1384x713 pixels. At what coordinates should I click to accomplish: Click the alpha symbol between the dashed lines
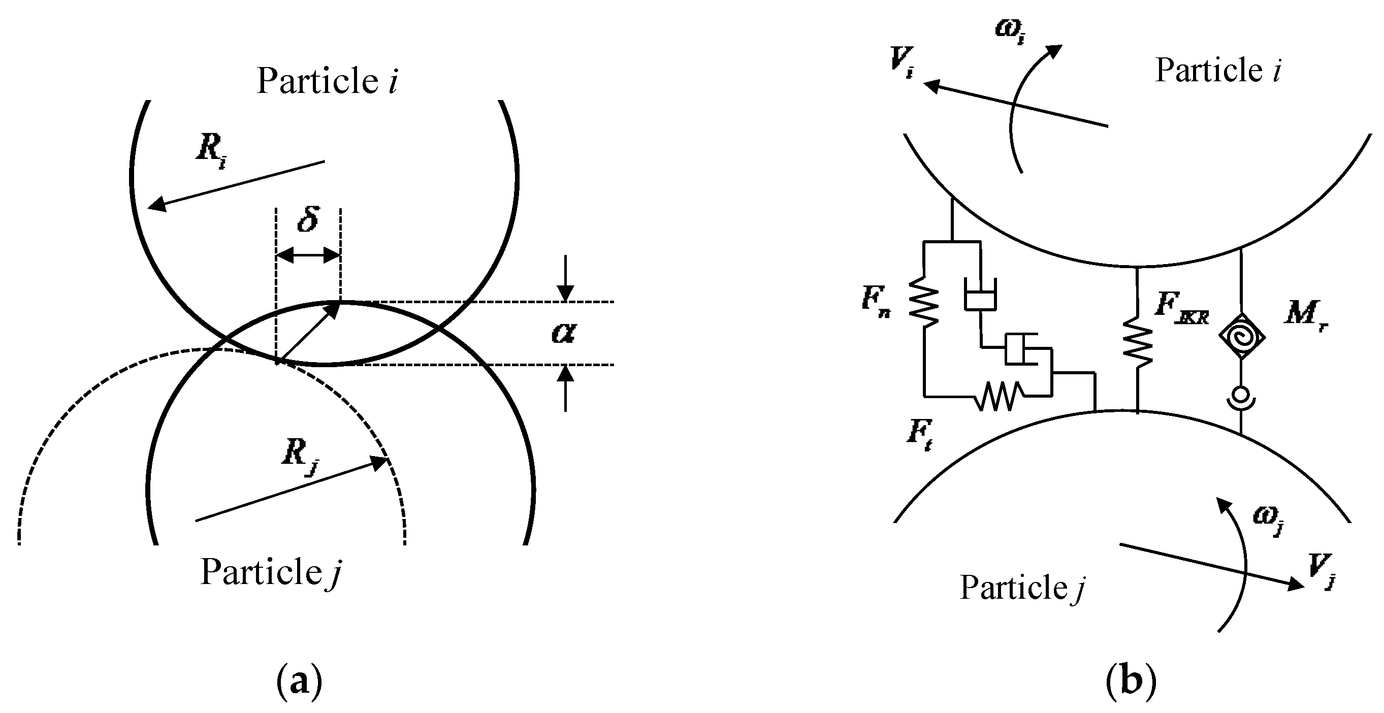(x=564, y=333)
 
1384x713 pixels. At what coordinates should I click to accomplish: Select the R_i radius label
(x=211, y=150)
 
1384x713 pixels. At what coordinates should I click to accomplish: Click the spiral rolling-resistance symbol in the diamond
(x=1241, y=336)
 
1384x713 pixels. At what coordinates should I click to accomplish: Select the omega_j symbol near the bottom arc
(x=1269, y=519)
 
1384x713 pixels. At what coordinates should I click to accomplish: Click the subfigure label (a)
(x=299, y=682)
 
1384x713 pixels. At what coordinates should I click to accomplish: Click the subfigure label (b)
(x=1131, y=682)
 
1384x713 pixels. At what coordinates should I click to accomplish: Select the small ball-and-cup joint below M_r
(x=1241, y=398)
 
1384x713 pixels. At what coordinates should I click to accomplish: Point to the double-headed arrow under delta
(x=308, y=255)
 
